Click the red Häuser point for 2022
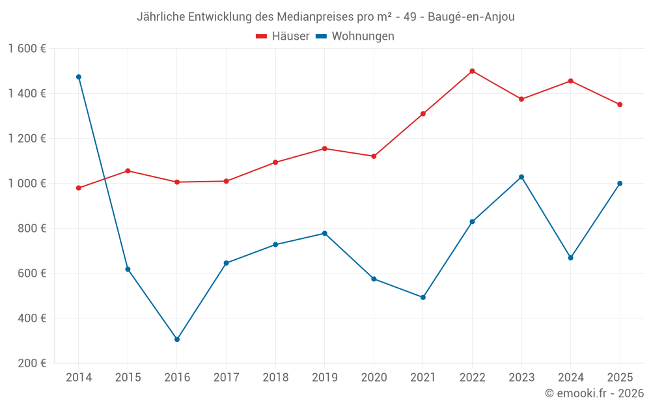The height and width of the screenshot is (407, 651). pyautogui.click(x=472, y=71)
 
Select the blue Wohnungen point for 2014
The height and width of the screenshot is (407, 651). pyautogui.click(x=79, y=77)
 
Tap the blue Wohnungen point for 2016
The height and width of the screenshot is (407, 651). pyautogui.click(x=177, y=339)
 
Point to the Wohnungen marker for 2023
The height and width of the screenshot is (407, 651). pyautogui.click(x=521, y=177)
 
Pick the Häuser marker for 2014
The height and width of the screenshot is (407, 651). pyautogui.click(x=79, y=188)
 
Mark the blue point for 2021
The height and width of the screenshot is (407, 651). pyautogui.click(x=423, y=298)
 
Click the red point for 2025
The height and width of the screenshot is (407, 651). pyautogui.click(x=620, y=105)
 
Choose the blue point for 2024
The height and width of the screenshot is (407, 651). pyautogui.click(x=571, y=258)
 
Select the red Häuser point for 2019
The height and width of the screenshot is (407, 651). pyautogui.click(x=325, y=148)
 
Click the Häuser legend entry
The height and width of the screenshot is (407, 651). pyautogui.click(x=283, y=36)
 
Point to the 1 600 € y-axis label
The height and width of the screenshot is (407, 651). pyautogui.click(x=27, y=49)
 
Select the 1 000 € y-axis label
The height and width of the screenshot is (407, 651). pyautogui.click(x=27, y=184)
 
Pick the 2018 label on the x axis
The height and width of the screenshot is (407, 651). pyautogui.click(x=275, y=378)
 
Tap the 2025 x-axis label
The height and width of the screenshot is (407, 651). pyautogui.click(x=620, y=378)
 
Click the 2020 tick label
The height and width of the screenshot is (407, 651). pyautogui.click(x=374, y=378)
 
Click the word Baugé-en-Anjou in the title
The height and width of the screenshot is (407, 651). pyautogui.click(x=471, y=17)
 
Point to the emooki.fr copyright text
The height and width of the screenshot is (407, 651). pyautogui.click(x=594, y=393)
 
